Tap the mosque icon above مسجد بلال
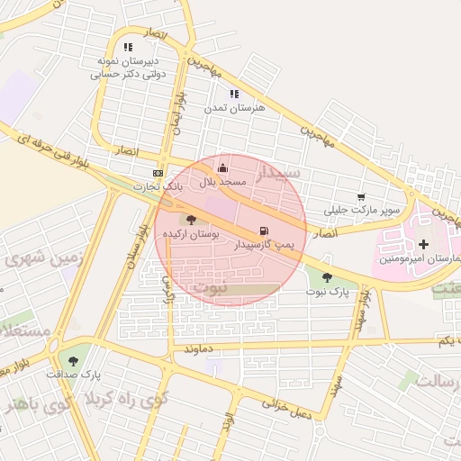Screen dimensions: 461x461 [223, 167]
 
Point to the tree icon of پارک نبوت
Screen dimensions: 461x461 [326, 278]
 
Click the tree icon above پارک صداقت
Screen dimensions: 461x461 [73, 360]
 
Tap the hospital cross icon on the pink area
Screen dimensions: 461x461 [423, 244]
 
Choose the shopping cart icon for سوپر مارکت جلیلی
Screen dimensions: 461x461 [361, 196]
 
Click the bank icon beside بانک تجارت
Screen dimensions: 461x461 [158, 173]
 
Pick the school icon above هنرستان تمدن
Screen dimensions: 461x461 [234, 94]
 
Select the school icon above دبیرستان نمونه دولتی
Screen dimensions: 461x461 [129, 47]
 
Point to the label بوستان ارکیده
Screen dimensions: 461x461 [190, 234]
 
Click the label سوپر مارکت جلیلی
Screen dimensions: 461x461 [364, 210]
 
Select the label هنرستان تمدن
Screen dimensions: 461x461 [234, 108]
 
